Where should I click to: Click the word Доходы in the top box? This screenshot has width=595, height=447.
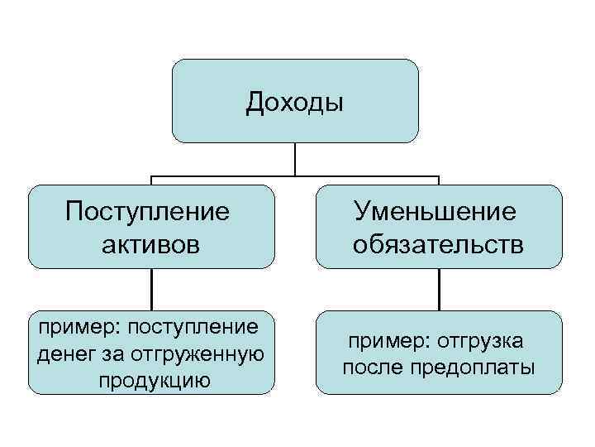(x=294, y=103)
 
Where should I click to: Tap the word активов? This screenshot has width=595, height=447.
(x=152, y=245)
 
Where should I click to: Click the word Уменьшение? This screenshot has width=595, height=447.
(x=436, y=211)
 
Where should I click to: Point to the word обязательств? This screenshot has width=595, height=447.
(x=438, y=245)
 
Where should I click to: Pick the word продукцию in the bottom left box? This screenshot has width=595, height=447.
(x=154, y=381)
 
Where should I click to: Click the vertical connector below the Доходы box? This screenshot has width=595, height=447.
(x=295, y=159)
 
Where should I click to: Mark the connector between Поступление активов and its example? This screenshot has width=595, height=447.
(x=150, y=290)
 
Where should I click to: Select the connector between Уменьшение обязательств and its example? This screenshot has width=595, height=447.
(x=438, y=290)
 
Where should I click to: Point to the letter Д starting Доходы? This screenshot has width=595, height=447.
(x=255, y=104)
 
